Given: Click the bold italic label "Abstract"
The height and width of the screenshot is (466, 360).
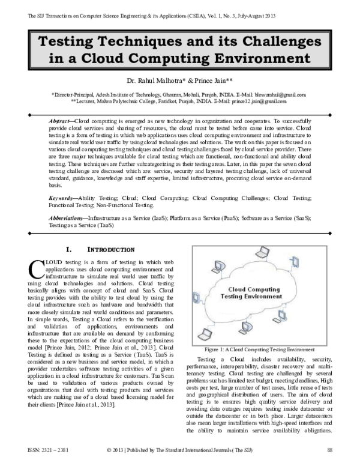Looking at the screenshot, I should (x=59, y=121).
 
